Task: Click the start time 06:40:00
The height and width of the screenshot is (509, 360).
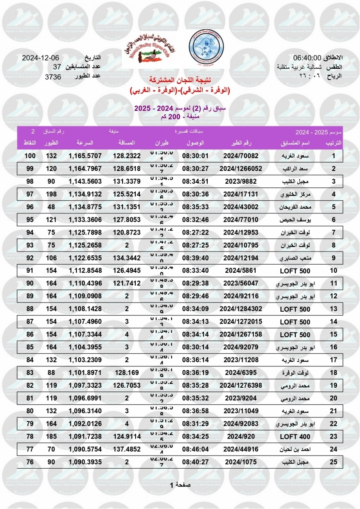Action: click(307, 58)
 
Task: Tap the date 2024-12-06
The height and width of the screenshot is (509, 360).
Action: click(41, 58)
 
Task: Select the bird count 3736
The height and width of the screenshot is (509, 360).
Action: click(53, 77)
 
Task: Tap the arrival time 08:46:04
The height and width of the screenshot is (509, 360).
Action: click(195, 450)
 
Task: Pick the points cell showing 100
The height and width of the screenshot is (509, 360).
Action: click(30, 156)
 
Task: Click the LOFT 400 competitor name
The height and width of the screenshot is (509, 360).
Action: click(295, 438)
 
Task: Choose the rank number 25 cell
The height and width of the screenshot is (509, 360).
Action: click(334, 462)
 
